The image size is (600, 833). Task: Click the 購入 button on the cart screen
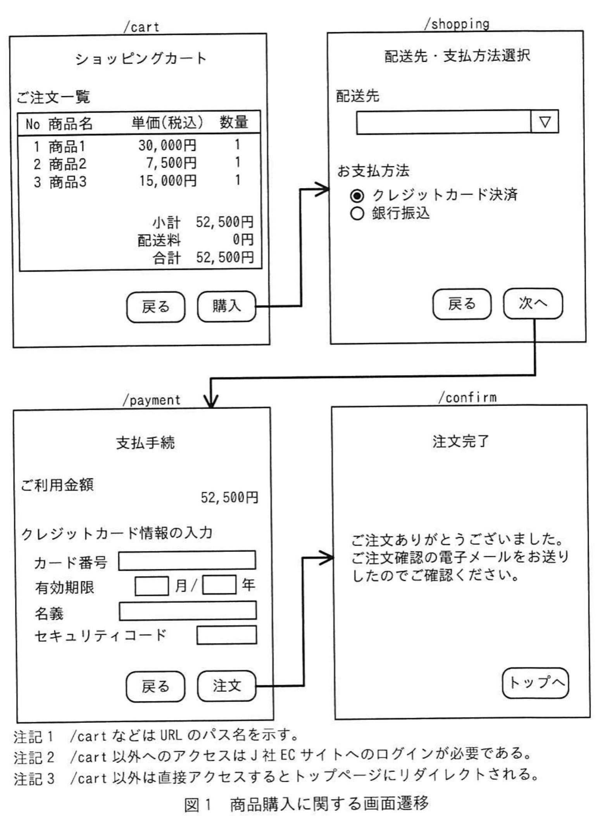click(226, 306)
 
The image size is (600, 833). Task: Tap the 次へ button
click(533, 304)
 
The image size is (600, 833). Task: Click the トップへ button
click(535, 683)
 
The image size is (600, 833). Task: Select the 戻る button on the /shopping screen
click(462, 304)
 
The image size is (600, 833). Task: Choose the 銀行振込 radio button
click(357, 213)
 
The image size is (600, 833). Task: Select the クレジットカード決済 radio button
click(357, 195)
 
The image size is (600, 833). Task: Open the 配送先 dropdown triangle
click(545, 122)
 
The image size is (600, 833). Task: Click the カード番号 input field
click(187, 560)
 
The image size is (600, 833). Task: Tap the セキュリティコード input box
click(226, 635)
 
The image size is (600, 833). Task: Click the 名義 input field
click(188, 611)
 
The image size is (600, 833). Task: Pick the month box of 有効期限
click(152, 586)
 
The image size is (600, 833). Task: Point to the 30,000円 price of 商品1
click(167, 145)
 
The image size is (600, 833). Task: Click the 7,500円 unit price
click(171, 163)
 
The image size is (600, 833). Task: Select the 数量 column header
click(234, 123)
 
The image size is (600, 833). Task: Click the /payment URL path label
click(152, 400)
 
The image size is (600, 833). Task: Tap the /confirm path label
click(467, 397)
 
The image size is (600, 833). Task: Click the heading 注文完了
click(461, 441)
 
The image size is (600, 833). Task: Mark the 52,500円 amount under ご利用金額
click(229, 498)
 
